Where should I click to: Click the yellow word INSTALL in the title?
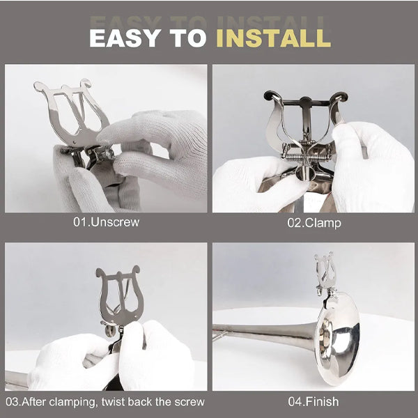273,38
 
